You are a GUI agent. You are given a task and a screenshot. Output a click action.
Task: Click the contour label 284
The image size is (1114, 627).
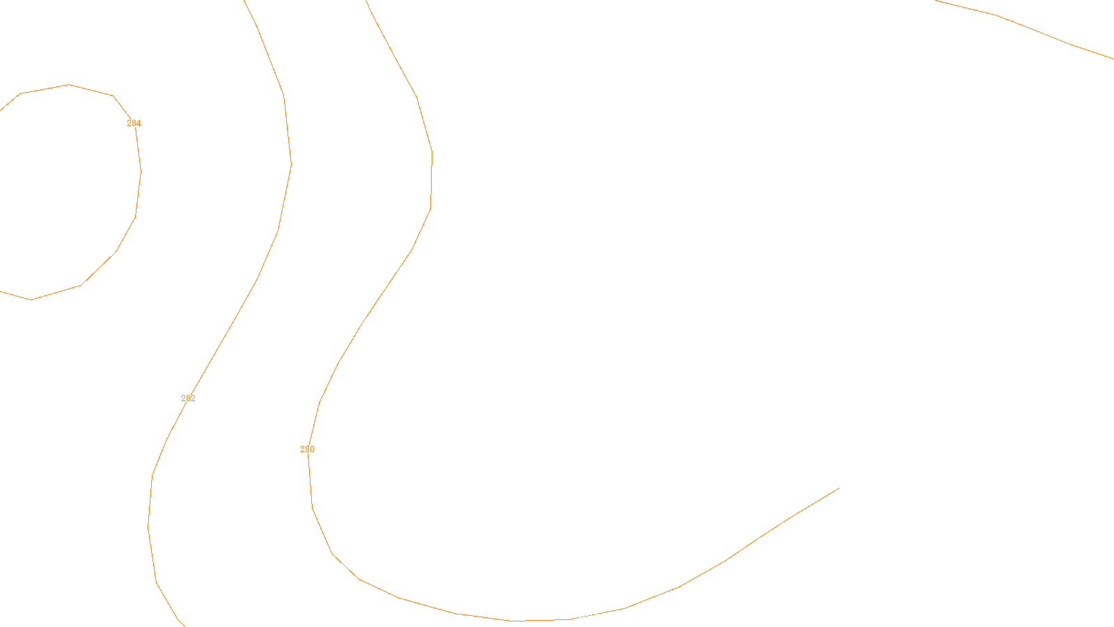click(134, 123)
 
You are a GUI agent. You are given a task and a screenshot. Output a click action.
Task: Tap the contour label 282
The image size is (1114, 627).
click(188, 398)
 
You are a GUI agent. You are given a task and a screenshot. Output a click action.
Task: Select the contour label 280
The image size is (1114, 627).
click(307, 449)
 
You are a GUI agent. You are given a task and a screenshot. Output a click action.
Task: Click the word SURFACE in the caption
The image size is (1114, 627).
click(557, 616)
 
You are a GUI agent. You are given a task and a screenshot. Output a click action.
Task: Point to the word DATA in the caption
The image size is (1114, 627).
click(589, 616)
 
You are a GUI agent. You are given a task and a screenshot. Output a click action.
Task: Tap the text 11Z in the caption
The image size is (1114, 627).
click(528, 616)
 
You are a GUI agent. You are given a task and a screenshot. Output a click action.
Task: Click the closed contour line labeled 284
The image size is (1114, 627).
click(141, 171)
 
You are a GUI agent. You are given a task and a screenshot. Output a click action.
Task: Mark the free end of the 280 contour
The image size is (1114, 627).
click(839, 488)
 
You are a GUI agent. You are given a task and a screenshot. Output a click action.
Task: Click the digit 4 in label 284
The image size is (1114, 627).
click(139, 123)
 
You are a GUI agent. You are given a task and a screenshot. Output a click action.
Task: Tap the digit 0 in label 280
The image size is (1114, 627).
click(312, 449)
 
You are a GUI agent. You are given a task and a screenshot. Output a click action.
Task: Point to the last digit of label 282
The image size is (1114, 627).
click(193, 398)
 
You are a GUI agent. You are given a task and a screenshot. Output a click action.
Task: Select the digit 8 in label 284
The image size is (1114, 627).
click(134, 123)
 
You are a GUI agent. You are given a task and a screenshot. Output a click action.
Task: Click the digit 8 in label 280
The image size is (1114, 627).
click(307, 449)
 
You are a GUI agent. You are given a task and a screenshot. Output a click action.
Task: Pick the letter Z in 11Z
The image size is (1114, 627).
click(533, 616)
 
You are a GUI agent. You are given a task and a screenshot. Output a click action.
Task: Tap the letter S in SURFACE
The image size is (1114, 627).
click(543, 616)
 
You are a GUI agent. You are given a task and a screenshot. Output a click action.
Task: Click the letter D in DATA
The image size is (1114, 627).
click(582, 616)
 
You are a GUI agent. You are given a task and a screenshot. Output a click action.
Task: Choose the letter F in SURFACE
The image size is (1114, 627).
click(558, 616)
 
